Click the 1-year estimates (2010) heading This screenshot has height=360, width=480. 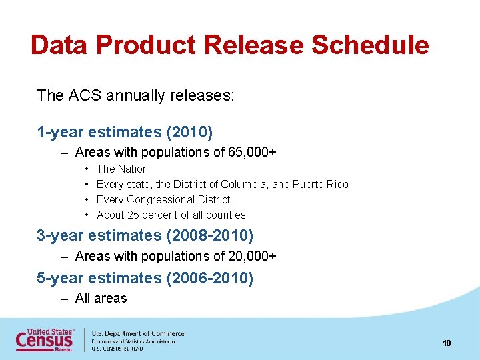coord(125,133)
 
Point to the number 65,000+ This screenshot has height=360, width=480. coord(253,153)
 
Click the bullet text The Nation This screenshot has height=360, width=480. coord(122,169)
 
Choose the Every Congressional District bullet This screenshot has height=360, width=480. coord(163,200)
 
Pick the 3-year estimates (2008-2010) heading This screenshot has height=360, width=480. coord(145,235)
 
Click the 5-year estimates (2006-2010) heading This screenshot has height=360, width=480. coord(145,278)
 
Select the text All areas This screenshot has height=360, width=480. coord(101,299)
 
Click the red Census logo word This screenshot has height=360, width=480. coord(45,341)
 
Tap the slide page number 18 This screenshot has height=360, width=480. coord(447,343)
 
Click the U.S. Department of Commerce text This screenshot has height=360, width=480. coord(138,333)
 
